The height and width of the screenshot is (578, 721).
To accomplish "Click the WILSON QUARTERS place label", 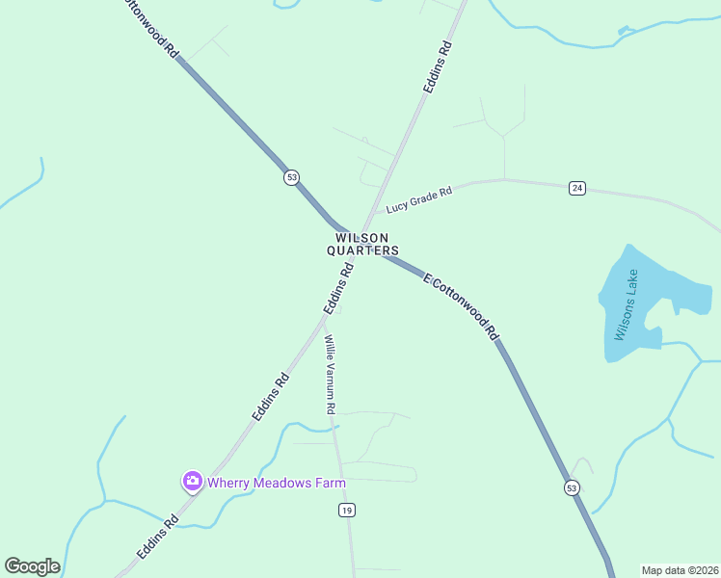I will tap(362, 244).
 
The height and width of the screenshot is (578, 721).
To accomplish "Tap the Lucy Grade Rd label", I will tap(418, 200).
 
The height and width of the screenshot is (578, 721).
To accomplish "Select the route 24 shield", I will tap(577, 188).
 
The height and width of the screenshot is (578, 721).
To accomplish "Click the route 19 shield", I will tap(346, 510).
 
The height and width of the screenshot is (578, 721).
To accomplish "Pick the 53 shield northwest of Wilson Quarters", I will tap(292, 177).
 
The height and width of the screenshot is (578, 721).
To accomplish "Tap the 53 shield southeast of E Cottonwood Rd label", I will tap(572, 488).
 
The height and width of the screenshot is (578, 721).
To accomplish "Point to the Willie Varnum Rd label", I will tap(330, 374).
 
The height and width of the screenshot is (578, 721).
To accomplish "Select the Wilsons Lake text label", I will tap(627, 304).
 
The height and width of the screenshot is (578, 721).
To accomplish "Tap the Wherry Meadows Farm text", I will tap(276, 482).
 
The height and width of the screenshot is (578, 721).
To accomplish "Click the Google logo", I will tap(32, 566).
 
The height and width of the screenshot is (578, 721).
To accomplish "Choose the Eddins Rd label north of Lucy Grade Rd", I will tap(438, 66).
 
